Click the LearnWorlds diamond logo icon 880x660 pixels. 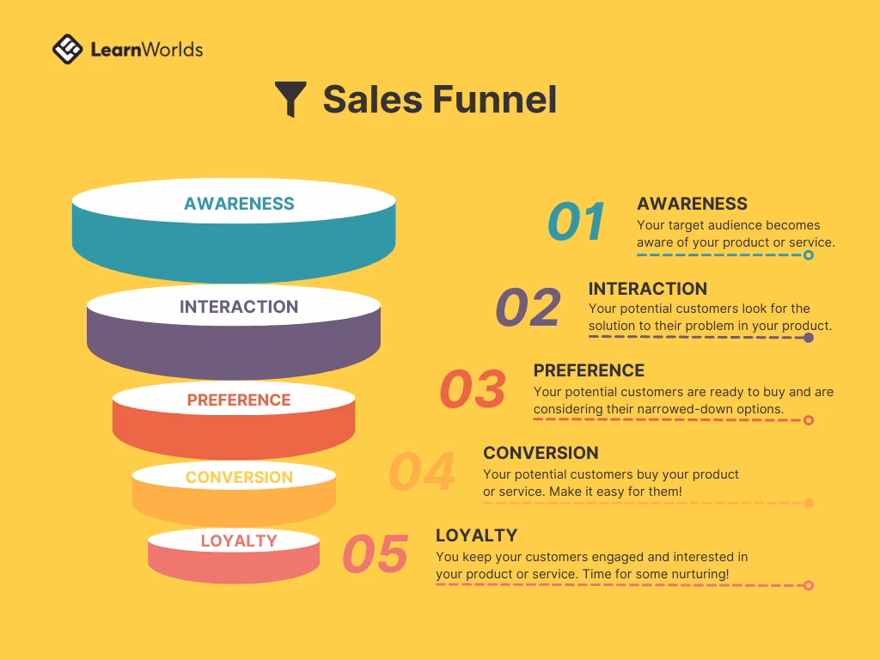click(68, 49)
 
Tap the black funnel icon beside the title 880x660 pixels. click(291, 100)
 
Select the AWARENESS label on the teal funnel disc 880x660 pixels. click(239, 204)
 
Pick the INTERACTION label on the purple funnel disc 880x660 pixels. click(239, 307)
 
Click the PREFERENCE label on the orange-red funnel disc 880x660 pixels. click(239, 400)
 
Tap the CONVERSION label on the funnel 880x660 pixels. click(239, 477)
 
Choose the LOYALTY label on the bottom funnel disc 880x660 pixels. click(239, 541)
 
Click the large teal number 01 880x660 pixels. click(577, 222)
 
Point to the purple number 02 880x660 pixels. click(528, 308)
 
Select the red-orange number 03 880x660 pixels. click(473, 389)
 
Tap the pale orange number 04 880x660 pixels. click(422, 471)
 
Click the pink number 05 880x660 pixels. click(376, 554)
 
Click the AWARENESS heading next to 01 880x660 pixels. click(692, 204)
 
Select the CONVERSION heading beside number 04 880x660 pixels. click(541, 453)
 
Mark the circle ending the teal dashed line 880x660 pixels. click(808, 255)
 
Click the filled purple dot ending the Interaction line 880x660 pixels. click(808, 338)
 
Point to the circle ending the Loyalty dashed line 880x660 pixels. click(808, 585)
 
